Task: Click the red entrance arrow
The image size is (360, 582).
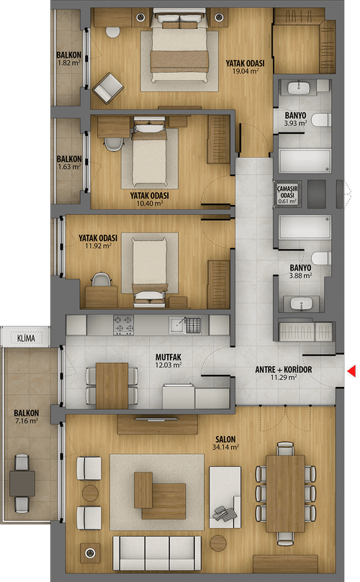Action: click(352, 370)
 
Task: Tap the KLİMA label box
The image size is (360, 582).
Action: click(26, 338)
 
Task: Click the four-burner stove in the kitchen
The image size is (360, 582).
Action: click(123, 324)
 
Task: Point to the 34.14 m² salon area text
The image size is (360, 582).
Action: click(225, 447)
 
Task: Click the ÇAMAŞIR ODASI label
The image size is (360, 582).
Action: click(287, 192)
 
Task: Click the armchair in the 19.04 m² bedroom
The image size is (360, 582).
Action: click(108, 88)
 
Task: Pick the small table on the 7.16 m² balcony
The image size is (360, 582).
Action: click(22, 483)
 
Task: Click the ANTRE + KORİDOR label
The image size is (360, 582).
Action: click(284, 370)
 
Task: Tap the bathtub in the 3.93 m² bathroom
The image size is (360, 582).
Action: click(305, 160)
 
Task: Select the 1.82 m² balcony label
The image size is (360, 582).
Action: click(68, 59)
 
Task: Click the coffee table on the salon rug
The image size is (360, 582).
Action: click(160, 496)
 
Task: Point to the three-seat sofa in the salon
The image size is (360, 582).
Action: click(157, 553)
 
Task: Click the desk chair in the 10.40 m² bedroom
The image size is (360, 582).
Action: click(113, 144)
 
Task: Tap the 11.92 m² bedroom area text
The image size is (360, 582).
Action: click(98, 246)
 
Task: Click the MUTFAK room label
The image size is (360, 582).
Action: click(168, 357)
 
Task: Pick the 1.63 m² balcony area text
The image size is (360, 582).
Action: click(69, 167)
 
